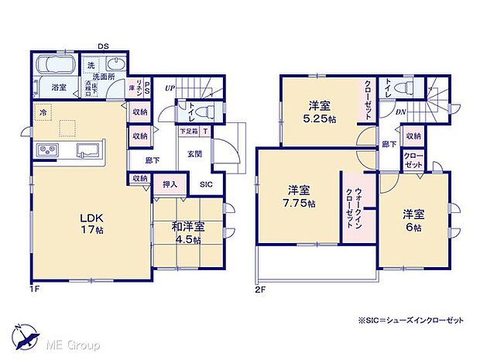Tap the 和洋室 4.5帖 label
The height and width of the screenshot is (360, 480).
tap(188, 233)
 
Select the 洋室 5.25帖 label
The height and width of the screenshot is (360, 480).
tap(318, 114)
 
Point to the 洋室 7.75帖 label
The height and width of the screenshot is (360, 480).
tap(298, 196)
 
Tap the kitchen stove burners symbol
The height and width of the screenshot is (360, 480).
tap(45, 149)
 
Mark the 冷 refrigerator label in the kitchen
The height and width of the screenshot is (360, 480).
tap(41, 113)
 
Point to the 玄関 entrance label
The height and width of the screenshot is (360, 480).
tap(194, 154)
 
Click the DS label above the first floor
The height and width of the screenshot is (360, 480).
tap(102, 46)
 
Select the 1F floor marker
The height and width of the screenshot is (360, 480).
tap(34, 289)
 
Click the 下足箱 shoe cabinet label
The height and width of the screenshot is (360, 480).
tap(189, 132)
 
